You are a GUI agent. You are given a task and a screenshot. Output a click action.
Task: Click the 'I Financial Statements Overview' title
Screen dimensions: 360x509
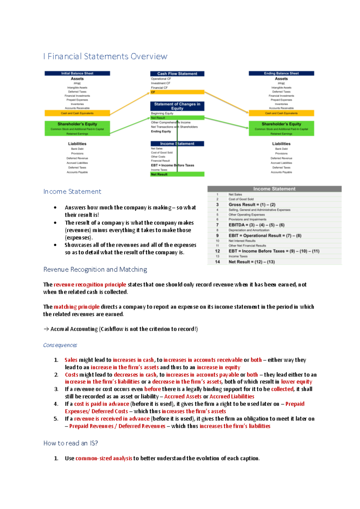tap(105, 56)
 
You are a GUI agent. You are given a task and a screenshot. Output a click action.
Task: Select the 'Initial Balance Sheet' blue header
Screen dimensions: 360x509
tap(77, 73)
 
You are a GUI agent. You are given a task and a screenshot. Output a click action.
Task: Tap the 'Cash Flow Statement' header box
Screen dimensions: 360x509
tap(177, 74)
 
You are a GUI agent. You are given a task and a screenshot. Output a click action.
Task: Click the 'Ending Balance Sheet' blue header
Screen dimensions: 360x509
tap(281, 73)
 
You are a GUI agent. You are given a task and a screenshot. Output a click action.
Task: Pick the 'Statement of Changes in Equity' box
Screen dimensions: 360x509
tap(177, 106)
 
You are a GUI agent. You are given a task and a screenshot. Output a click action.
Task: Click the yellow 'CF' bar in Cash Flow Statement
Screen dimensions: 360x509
tap(177, 92)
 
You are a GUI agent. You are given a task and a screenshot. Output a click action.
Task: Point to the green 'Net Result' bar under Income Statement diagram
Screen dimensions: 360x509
tap(177, 174)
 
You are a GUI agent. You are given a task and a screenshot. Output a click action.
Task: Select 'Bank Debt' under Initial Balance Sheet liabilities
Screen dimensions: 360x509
tap(77, 149)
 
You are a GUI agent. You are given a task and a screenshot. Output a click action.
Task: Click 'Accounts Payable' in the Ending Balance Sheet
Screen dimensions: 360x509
tap(281, 172)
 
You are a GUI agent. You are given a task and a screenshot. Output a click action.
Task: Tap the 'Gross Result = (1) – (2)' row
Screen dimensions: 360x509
tap(252, 204)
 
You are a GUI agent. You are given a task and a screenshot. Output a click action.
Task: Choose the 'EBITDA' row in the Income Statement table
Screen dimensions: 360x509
tap(256, 225)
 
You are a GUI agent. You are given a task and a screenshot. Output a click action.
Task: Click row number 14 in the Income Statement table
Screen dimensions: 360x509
tap(217, 262)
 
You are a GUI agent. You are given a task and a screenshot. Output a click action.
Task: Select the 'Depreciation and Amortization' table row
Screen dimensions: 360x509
tap(249, 230)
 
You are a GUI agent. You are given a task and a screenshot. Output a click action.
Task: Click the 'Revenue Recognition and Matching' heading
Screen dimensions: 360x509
tap(95, 269)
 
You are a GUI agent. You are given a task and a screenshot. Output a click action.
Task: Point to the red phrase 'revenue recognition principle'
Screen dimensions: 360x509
tap(90, 284)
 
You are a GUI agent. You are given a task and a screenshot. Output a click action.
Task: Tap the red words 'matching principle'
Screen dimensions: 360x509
tap(76, 307)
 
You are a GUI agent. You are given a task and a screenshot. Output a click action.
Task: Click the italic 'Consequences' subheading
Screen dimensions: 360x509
tap(60, 345)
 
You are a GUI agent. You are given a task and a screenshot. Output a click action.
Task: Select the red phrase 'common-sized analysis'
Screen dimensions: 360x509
tap(104, 458)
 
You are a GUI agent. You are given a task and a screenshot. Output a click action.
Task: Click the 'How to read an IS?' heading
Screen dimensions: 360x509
tap(70, 443)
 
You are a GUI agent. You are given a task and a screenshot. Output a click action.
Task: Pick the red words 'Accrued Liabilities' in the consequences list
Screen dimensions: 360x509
tap(232, 396)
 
